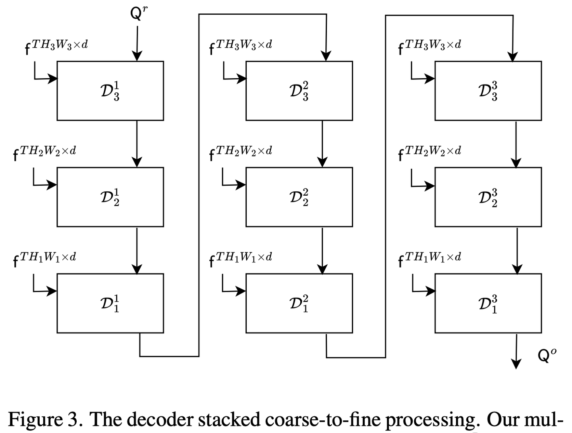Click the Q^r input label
tap(138, 14)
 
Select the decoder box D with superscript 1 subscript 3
tap(110, 91)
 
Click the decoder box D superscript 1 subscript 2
tap(110, 197)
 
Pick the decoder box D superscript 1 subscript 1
tap(110, 303)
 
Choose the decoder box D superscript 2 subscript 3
tap(299, 91)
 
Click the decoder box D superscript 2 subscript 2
tap(299, 197)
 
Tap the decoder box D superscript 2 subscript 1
tap(299, 303)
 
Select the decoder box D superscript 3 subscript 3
tap(488, 91)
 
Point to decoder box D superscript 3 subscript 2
tap(488, 197)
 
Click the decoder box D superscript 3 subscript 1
tap(488, 303)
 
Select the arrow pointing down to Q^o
tap(516, 351)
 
